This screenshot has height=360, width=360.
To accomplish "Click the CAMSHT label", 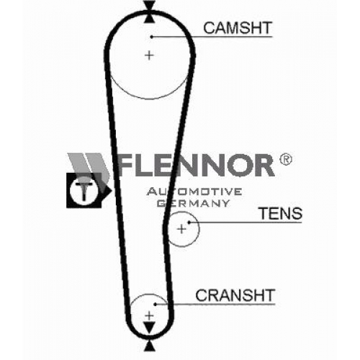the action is pyautogui.click(x=238, y=27).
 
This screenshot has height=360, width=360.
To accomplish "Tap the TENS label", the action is pyautogui.click(x=281, y=213).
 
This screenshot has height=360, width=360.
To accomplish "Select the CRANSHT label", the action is pyautogui.click(x=235, y=295).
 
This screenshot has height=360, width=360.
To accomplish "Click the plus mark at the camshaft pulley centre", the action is pyautogui.click(x=149, y=55).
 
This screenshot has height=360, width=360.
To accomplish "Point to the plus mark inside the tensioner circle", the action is pyautogui.click(x=181, y=229).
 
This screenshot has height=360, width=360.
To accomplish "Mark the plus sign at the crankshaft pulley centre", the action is pyautogui.click(x=149, y=315).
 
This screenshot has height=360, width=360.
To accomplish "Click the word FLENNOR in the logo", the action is pyautogui.click(x=196, y=165).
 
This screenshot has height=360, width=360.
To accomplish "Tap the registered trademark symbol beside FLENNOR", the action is pyautogui.click(x=285, y=159).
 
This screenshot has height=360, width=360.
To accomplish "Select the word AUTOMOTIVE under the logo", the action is pyautogui.click(x=194, y=192).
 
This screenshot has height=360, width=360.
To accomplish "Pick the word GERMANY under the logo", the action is pyautogui.click(x=194, y=203).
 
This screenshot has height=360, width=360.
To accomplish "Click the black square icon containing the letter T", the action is pyautogui.click(x=84, y=190).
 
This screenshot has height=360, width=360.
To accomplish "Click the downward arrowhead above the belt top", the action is pyautogui.click(x=149, y=5).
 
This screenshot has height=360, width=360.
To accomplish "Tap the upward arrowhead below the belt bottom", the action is pyautogui.click(x=149, y=347).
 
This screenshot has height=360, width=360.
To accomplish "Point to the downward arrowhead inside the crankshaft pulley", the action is pyautogui.click(x=149, y=328).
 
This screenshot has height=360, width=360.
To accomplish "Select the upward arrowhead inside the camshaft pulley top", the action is pyautogui.click(x=149, y=19).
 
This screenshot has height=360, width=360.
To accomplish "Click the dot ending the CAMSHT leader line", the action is pyautogui.click(x=151, y=37).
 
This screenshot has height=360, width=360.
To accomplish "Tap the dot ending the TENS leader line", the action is pyautogui.click(x=189, y=222).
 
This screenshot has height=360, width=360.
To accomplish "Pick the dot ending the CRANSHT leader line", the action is pyautogui.click(x=155, y=305).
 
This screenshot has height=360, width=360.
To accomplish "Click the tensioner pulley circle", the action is pyautogui.click(x=199, y=229).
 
